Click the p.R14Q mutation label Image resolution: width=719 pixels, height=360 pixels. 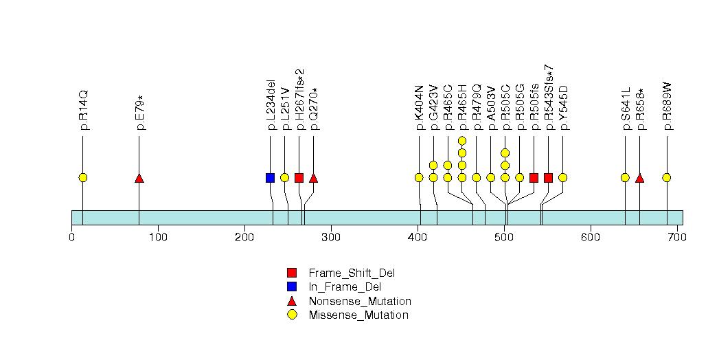click(x=84, y=110)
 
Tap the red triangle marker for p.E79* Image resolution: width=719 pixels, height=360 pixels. click(x=139, y=178)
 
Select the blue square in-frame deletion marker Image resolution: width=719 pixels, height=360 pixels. click(x=270, y=178)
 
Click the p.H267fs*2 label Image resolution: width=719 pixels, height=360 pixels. click(x=299, y=100)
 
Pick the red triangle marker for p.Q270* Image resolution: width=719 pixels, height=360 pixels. click(x=313, y=178)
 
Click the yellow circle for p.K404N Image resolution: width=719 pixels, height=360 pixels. click(x=419, y=178)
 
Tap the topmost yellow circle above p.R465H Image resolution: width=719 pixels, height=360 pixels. click(x=462, y=141)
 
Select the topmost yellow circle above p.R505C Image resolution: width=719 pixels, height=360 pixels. click(x=505, y=153)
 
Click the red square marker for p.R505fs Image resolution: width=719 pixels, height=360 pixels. click(x=534, y=178)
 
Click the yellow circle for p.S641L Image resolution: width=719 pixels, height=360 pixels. click(x=625, y=178)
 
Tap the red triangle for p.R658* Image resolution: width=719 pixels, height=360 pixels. click(x=639, y=178)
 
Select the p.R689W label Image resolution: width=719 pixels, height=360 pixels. click(x=667, y=107)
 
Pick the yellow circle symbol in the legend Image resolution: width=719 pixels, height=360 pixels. click(x=292, y=315)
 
